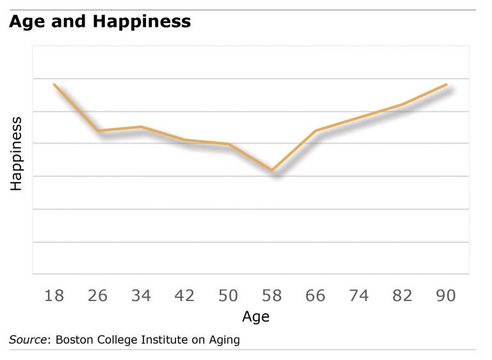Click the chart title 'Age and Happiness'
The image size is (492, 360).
(99, 22)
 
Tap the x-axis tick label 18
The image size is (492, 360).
(54, 295)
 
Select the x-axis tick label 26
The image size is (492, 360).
(97, 295)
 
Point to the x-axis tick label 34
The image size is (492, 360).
(141, 295)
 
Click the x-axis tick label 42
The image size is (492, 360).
(184, 295)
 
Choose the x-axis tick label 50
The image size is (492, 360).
(228, 295)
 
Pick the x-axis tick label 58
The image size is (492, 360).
(272, 295)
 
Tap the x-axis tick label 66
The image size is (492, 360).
(315, 295)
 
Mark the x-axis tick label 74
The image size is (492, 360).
(359, 295)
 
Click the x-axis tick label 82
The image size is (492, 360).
(402, 295)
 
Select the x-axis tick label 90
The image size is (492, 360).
(446, 295)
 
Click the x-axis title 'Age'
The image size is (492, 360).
(256, 316)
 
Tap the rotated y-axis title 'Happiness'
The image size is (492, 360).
(17, 154)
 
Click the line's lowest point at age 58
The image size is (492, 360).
(272, 170)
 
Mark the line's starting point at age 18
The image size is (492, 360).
(54, 85)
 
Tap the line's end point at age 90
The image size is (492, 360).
(447, 85)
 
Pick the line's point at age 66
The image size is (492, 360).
(315, 131)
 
